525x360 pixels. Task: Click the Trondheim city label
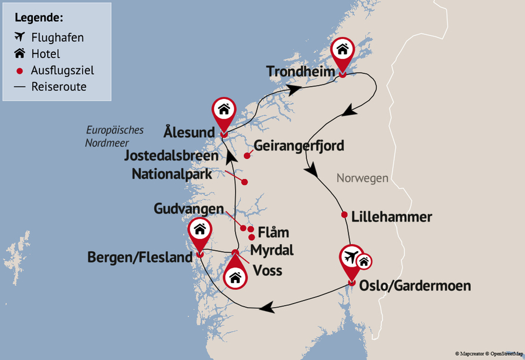300,72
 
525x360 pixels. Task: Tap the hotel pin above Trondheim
342,51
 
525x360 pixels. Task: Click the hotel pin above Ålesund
224,110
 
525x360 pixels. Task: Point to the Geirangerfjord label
299,145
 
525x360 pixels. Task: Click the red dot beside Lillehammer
344,215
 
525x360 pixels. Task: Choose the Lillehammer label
391,217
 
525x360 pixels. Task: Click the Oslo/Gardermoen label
415,286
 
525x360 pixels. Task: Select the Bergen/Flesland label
140,257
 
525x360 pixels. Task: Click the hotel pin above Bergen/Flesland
200,231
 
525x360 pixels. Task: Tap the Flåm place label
273,232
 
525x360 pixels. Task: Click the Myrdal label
271,250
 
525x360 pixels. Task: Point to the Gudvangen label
188,209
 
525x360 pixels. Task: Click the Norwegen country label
362,178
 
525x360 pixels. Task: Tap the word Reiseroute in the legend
59,87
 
